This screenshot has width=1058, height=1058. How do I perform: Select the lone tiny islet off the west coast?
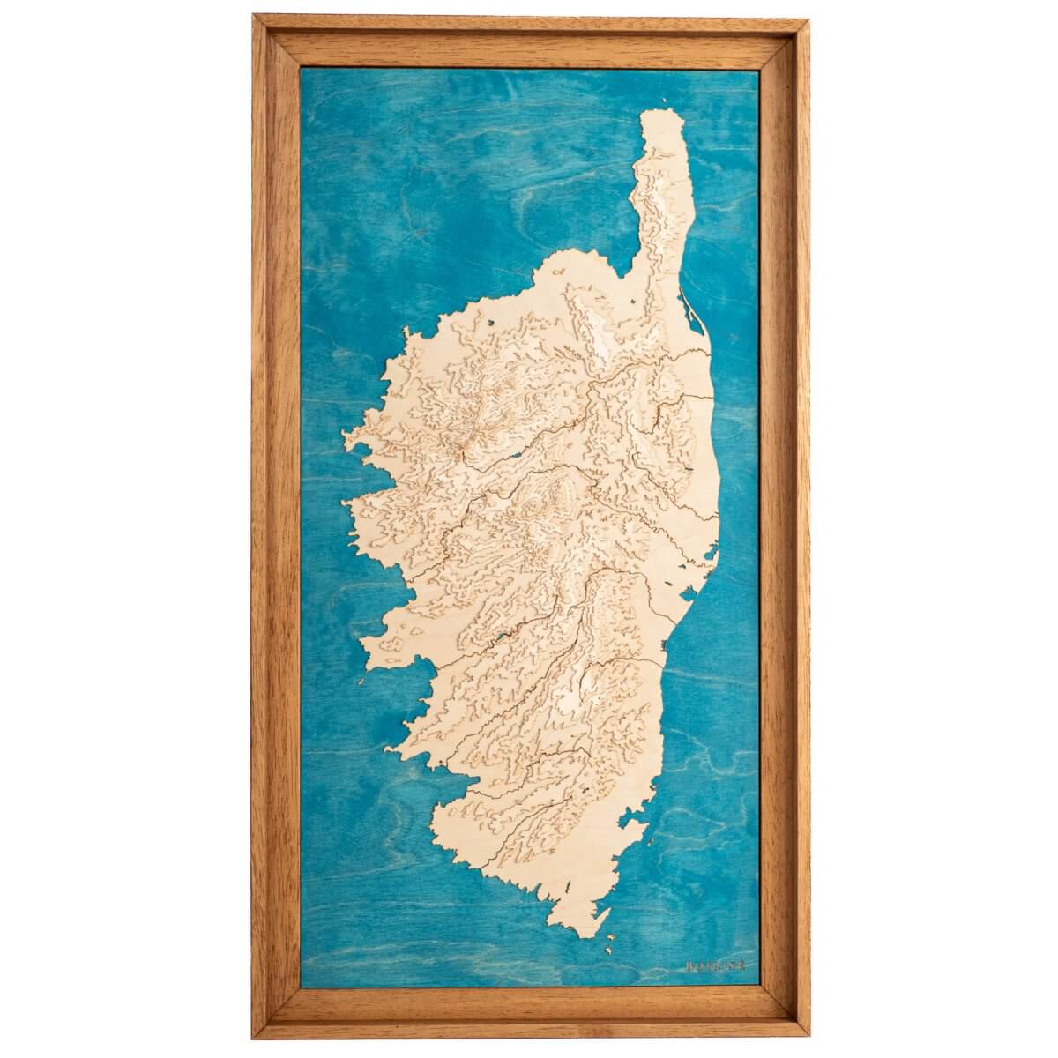(358, 681)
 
